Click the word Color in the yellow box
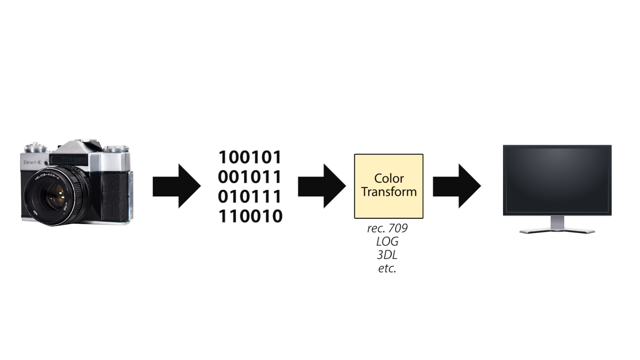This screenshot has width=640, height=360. (x=389, y=178)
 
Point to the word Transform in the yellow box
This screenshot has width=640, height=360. (x=389, y=192)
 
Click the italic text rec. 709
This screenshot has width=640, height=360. (x=387, y=228)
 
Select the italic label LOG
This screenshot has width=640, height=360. (x=387, y=242)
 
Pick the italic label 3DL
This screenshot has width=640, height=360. (x=387, y=255)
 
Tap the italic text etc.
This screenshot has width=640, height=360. (x=387, y=268)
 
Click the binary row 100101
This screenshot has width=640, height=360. (x=250, y=157)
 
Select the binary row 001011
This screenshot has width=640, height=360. (x=250, y=177)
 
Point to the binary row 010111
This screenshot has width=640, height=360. (x=250, y=197)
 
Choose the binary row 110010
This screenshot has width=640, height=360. (x=250, y=216)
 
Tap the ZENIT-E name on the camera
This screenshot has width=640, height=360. (x=32, y=162)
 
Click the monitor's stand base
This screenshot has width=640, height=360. (x=557, y=231)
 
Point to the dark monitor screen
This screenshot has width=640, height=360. (x=557, y=180)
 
